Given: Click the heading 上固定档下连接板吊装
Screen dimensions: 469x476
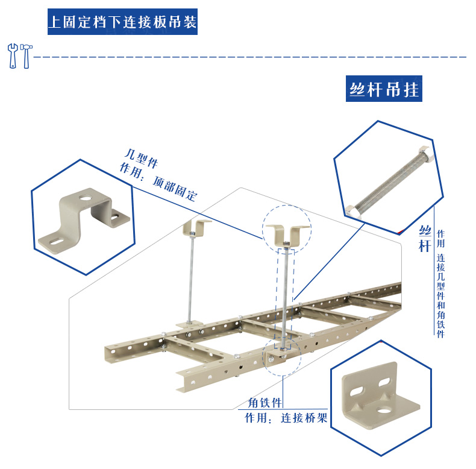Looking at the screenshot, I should click(x=122, y=23).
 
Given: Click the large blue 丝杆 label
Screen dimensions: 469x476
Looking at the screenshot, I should click(x=426, y=239).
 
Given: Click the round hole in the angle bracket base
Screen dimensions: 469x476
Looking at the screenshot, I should click(x=383, y=411).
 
